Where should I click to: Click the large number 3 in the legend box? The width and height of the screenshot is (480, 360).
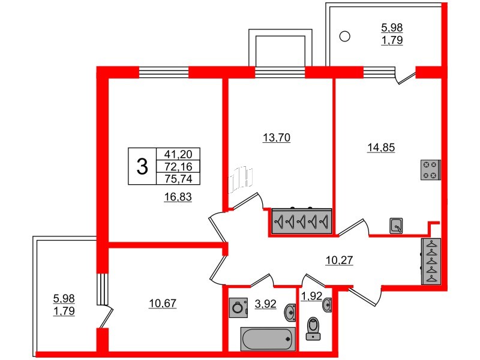142,167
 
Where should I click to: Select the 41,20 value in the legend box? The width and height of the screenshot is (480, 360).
178,154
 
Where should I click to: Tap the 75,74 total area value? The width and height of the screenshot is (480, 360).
178,179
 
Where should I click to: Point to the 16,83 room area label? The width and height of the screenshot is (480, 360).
178,197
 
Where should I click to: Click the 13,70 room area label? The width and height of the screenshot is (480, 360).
277,138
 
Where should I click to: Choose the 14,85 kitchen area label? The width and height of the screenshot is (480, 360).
381,148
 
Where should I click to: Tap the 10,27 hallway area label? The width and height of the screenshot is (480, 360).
339,260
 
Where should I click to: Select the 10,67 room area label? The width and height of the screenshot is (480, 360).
163,304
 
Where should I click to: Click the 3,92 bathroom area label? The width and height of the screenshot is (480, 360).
265,304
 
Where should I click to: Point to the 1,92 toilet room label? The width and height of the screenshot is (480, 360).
311,296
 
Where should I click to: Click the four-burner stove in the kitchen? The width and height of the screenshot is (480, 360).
430,170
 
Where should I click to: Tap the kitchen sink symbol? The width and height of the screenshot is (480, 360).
396,226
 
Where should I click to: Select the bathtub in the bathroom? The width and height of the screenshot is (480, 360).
268,339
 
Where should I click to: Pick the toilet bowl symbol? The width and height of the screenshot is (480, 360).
313,328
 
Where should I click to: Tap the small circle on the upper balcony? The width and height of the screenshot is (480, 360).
344,37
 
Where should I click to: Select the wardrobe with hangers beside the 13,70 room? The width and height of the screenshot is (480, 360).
302,221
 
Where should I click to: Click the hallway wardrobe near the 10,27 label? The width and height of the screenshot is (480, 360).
431,262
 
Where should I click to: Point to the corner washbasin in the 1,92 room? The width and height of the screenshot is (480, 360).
328,305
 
